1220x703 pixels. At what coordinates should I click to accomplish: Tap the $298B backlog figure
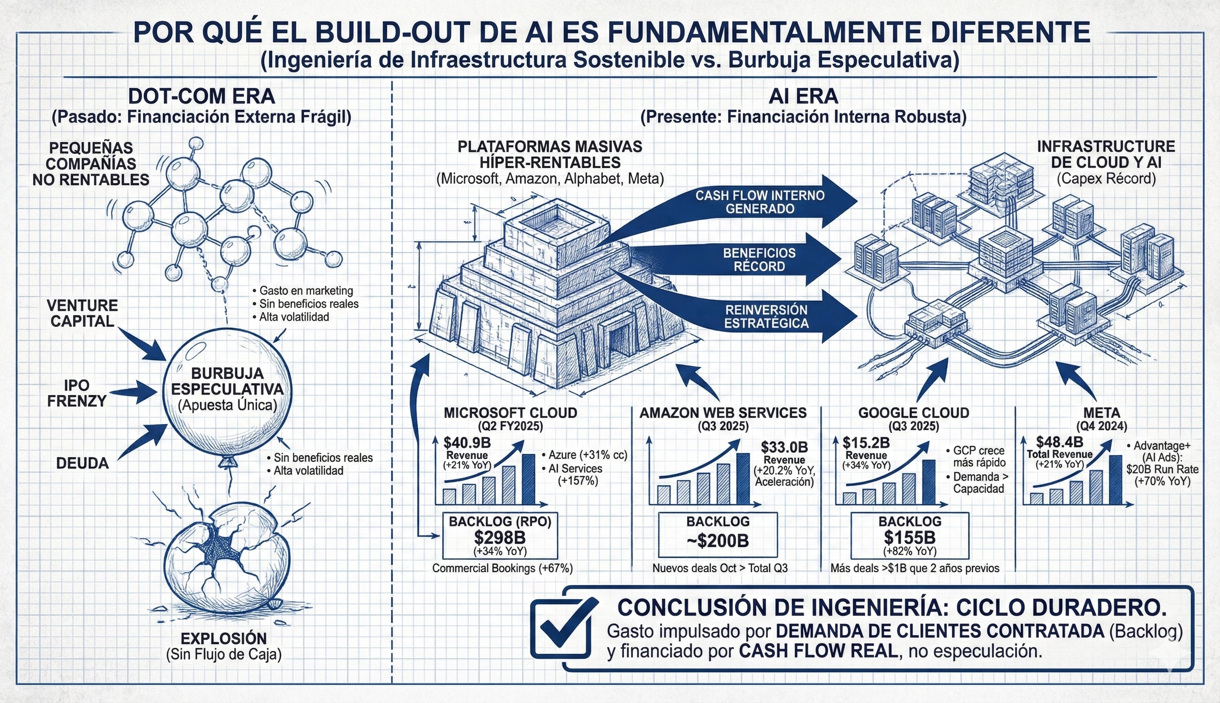coord(499,538)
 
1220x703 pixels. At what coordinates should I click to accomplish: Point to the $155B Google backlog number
coord(910,538)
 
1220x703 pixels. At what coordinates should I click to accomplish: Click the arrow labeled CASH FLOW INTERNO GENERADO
coord(760,202)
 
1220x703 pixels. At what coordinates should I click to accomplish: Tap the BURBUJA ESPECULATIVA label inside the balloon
coord(227,381)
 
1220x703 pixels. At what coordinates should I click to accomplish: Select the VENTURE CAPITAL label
coord(82,313)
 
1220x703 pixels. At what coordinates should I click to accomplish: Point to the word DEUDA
coord(82,464)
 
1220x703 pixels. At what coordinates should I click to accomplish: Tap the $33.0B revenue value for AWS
coord(784,447)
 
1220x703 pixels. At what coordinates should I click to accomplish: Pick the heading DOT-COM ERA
coord(201,96)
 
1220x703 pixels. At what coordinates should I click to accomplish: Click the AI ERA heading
coord(803,96)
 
